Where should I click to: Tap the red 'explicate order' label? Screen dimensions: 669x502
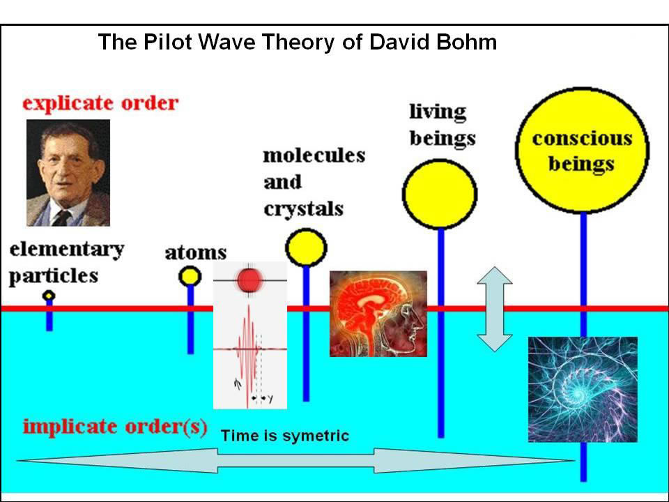[100, 103]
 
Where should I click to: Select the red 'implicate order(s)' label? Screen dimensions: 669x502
[115, 427]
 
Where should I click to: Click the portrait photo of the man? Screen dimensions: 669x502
[68, 172]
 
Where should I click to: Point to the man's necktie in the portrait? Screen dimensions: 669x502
[62, 218]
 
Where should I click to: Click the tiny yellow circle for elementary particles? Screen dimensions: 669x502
[49, 295]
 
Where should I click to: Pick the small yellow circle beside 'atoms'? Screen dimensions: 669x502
[190, 276]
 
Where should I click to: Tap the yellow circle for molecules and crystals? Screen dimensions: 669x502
[306, 248]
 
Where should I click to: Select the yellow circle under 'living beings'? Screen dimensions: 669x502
[440, 195]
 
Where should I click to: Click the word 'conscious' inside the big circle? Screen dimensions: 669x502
[582, 139]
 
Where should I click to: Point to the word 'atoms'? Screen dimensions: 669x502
[196, 252]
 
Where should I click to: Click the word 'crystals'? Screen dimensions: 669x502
[303, 209]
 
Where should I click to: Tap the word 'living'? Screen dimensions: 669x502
[438, 112]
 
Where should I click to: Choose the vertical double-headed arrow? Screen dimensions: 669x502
[495, 309]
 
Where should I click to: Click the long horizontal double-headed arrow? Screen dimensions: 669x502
[295, 461]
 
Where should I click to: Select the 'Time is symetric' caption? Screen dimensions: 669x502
[285, 435]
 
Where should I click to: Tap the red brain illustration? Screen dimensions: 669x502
[378, 314]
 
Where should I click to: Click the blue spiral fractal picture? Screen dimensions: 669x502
[583, 389]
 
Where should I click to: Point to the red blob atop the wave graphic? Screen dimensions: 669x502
[249, 280]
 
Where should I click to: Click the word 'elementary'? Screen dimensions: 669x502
[67, 250]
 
